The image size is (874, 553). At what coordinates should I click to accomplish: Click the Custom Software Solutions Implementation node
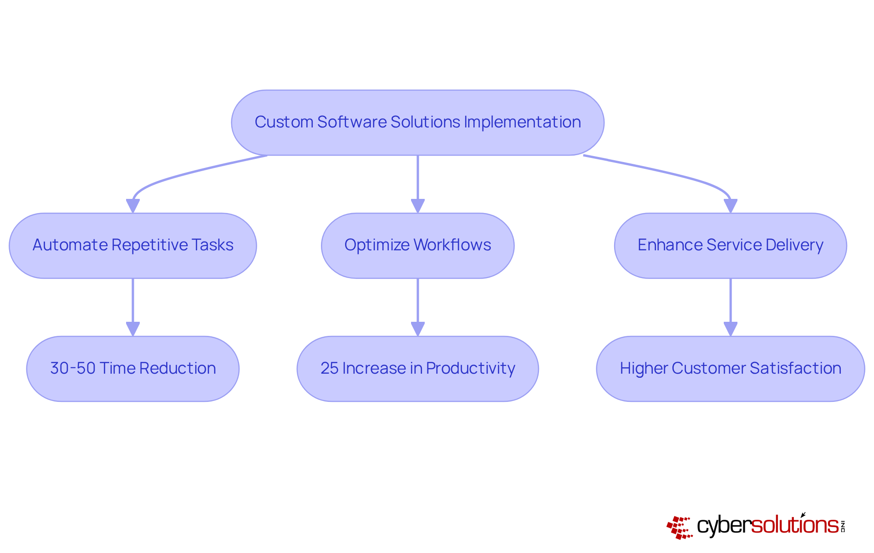click(x=417, y=122)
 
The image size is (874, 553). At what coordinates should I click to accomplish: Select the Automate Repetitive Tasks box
click(x=132, y=245)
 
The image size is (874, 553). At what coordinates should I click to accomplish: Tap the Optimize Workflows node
click(x=417, y=245)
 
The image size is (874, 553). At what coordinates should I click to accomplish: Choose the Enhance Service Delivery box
click(x=730, y=245)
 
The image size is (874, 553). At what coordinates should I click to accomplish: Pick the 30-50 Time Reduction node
click(x=132, y=369)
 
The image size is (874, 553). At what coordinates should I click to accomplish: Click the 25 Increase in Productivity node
click(x=417, y=369)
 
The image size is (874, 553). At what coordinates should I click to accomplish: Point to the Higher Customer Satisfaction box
click(x=730, y=369)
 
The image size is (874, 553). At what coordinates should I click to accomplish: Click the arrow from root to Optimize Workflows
click(x=417, y=182)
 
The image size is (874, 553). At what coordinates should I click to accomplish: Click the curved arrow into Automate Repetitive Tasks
click(x=182, y=175)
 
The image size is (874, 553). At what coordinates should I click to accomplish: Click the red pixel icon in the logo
click(x=679, y=527)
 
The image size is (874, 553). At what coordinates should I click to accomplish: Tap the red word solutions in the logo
click(x=794, y=525)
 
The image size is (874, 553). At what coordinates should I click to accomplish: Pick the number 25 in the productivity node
click(x=329, y=368)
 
